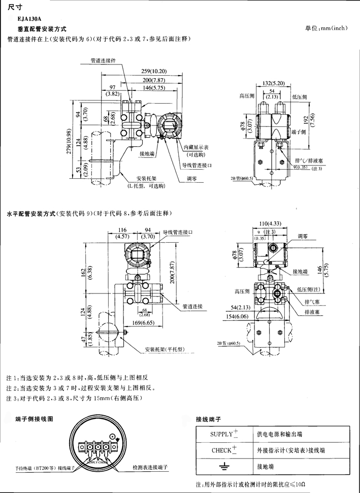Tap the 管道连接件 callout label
point(103,60)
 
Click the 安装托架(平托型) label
point(164,350)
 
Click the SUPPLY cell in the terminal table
point(224,435)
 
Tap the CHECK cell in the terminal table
point(224,450)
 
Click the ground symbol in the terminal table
point(224,466)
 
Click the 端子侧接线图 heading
point(34,419)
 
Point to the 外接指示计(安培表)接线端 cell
point(290,450)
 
